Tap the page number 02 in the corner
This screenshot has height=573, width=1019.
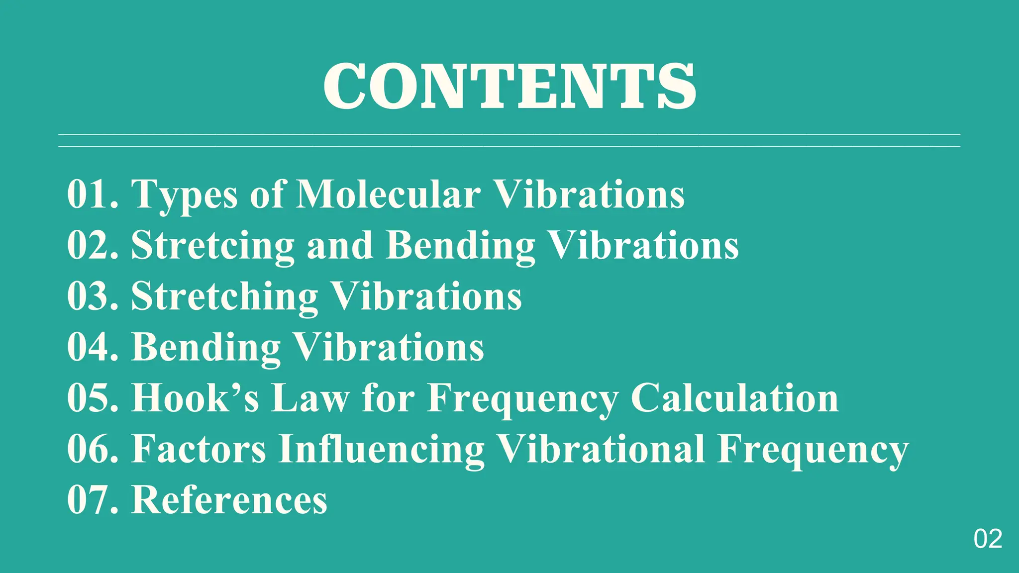click(x=988, y=539)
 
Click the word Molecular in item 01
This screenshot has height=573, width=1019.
click(x=388, y=194)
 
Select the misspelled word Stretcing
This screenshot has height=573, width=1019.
click(x=212, y=245)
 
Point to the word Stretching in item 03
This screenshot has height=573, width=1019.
click(x=224, y=296)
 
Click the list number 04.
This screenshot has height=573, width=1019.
click(x=93, y=347)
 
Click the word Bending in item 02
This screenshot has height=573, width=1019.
click(x=460, y=245)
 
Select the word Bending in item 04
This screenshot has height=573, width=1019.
click(x=206, y=347)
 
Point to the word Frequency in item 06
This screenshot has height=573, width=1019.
click(x=813, y=450)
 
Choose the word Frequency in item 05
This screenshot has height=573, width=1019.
click(x=522, y=399)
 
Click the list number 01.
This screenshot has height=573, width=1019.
click(x=93, y=194)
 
